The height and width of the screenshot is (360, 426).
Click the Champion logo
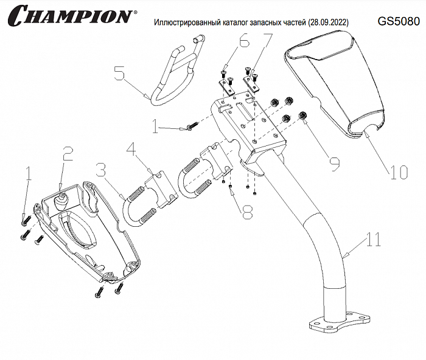click(x=70, y=15)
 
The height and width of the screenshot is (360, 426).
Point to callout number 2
click(x=68, y=156)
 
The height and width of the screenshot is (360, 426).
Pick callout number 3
click(x=101, y=172)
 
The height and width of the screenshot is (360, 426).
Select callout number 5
click(x=120, y=75)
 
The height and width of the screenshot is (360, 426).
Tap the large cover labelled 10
click(x=338, y=85)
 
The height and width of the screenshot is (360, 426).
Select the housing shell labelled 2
click(x=85, y=231)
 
